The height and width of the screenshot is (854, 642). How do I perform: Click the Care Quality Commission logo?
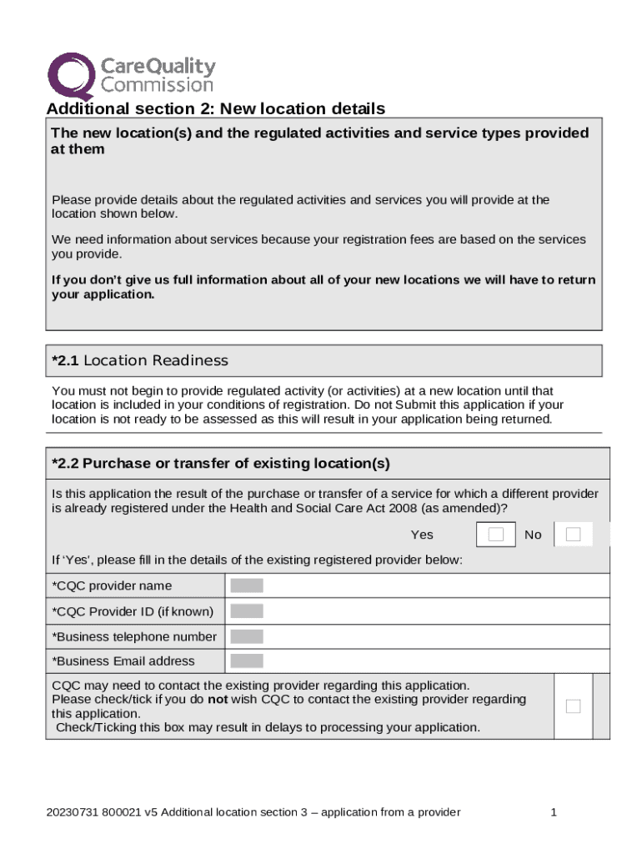coord(130,75)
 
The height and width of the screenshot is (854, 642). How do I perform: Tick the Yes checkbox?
coord(496,535)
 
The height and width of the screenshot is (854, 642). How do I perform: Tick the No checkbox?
coord(573,535)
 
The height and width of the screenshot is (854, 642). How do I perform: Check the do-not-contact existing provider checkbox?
coord(573,706)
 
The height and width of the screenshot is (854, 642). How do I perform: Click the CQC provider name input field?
coord(247,585)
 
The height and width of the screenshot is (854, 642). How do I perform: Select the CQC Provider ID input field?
coord(247,611)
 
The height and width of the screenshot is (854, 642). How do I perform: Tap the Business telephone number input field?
coord(247,636)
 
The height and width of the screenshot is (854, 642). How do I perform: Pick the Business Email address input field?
coord(247,661)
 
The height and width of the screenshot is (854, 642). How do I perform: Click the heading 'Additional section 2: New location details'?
coord(215,109)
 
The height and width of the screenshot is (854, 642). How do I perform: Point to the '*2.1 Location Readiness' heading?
coord(139,360)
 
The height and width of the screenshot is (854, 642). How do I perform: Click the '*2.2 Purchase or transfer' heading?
coord(220,464)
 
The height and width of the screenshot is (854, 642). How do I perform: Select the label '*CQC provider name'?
coord(112,585)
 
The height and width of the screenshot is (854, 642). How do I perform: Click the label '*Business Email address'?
coord(123,661)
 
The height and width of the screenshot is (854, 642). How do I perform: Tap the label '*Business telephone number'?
coord(134,636)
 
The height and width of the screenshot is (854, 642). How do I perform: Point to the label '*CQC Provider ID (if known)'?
coord(133,611)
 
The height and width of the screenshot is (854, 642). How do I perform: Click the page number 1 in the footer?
coord(553,812)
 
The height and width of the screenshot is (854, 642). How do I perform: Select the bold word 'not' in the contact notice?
coord(218,699)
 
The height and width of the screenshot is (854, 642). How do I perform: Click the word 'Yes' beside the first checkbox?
coord(422,535)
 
